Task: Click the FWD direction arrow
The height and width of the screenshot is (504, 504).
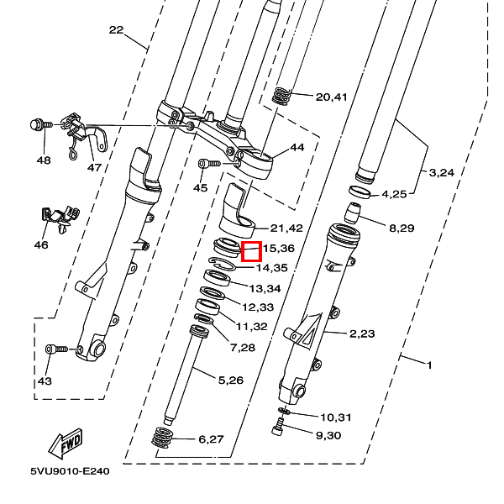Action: pyautogui.click(x=66, y=444)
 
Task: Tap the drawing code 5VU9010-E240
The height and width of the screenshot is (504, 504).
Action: pyautogui.click(x=70, y=471)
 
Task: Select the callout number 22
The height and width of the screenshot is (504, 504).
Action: pyautogui.click(x=117, y=30)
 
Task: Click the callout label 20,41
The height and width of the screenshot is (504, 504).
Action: pyautogui.click(x=332, y=97)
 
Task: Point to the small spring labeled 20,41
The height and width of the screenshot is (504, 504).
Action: pyautogui.click(x=281, y=96)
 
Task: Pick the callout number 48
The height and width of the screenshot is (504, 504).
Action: pyautogui.click(x=44, y=160)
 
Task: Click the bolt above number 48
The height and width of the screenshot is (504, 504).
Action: pyautogui.click(x=41, y=124)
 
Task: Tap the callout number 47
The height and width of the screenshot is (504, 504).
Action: pyautogui.click(x=94, y=167)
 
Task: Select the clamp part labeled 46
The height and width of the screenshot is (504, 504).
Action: pyautogui.click(x=60, y=218)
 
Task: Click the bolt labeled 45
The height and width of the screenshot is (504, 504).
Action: pyautogui.click(x=209, y=164)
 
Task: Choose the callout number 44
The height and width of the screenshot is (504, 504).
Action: pyautogui.click(x=297, y=147)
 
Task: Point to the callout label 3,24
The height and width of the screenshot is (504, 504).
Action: pyautogui.click(x=442, y=173)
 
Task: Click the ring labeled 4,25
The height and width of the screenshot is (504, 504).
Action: pyautogui.click(x=360, y=192)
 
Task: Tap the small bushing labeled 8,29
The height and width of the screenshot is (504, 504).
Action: pyautogui.click(x=353, y=213)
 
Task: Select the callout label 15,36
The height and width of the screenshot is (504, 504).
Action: pyautogui.click(x=278, y=249)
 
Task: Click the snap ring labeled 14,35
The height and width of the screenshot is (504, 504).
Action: pyautogui.click(x=222, y=263)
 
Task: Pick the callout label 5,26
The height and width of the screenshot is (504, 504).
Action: pyautogui.click(x=231, y=381)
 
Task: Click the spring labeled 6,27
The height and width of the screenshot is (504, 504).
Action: pyautogui.click(x=161, y=437)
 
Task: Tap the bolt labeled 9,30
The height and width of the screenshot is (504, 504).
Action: pyautogui.click(x=278, y=426)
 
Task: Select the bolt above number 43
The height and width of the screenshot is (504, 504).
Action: pyautogui.click(x=56, y=349)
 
